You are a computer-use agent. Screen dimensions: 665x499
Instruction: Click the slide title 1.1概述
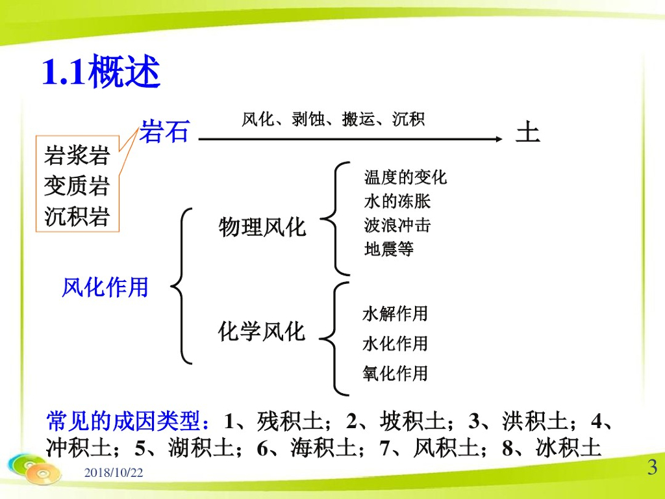(101, 71)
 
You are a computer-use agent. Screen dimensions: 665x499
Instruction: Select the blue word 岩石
(164, 131)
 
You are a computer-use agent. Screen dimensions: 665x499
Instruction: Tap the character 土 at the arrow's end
(527, 132)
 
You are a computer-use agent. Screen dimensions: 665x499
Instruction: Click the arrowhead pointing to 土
(499, 139)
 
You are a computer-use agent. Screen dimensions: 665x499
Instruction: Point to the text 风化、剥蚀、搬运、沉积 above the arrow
(333, 120)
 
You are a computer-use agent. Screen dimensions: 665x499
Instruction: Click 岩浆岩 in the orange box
(77, 155)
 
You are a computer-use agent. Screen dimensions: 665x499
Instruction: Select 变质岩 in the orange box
(77, 185)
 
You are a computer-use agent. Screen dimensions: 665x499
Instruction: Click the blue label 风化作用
(105, 287)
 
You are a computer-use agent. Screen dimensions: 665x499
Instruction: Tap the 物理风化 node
(262, 227)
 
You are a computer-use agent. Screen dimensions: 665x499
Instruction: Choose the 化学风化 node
(262, 331)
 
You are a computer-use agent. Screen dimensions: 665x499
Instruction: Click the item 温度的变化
(405, 177)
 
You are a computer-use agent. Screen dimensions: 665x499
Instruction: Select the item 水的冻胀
(397, 201)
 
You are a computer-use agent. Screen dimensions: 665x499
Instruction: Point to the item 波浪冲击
(397, 225)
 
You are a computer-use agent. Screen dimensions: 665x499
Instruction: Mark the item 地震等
(389, 249)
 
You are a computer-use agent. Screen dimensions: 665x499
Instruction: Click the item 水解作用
(395, 314)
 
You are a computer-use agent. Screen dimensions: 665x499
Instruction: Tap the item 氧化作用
(395, 374)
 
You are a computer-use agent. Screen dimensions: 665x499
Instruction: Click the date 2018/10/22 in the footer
(114, 472)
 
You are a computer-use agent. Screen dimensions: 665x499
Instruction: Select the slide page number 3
(652, 467)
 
